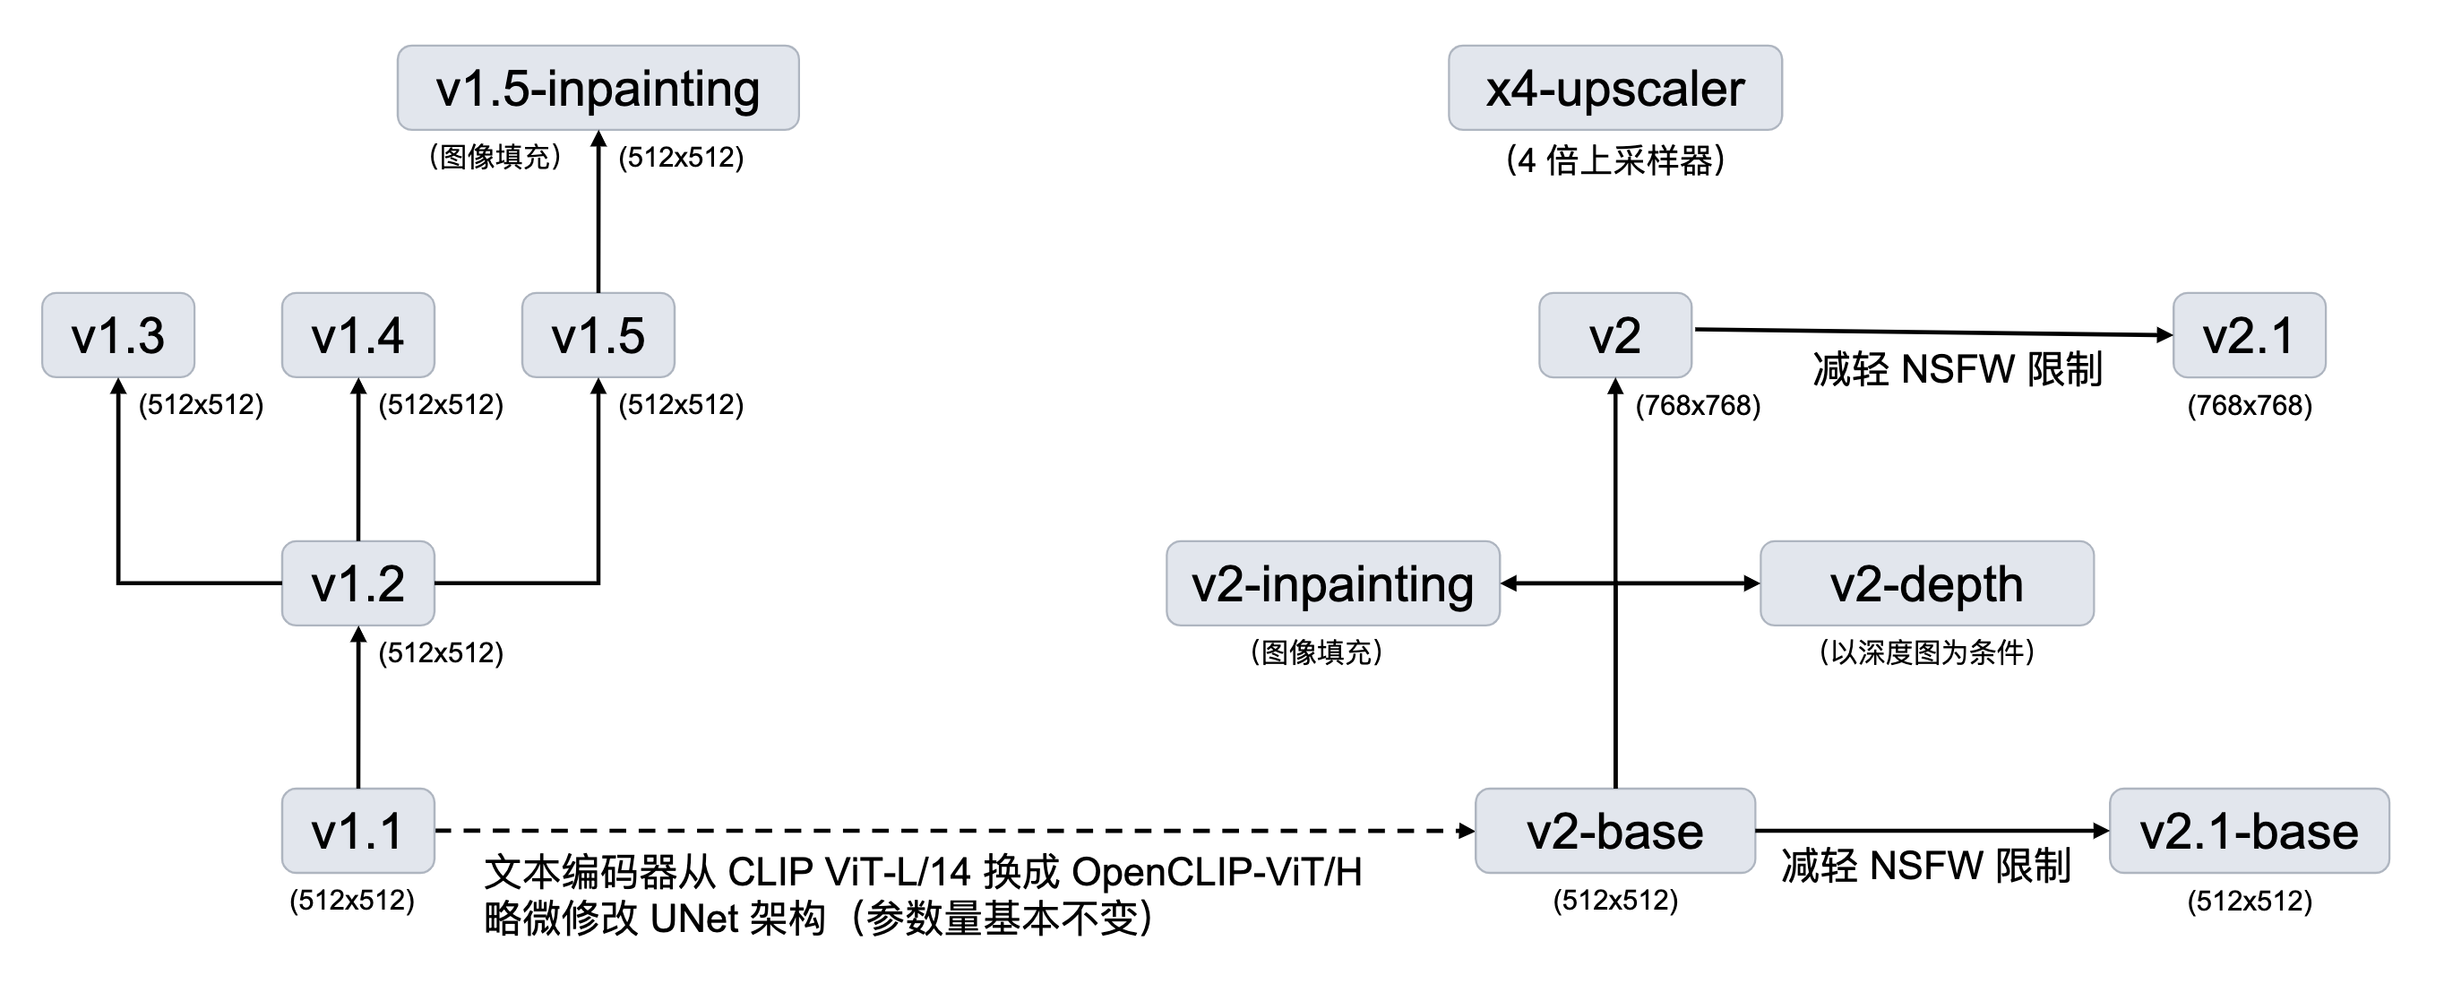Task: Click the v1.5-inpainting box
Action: tap(598, 87)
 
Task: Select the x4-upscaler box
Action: tap(1614, 87)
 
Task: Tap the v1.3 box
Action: tap(117, 335)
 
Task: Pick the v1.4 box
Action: tap(357, 335)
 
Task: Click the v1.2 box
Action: tap(357, 583)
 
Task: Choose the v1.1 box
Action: tap(357, 830)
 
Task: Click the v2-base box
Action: tap(1614, 830)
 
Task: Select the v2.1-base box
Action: tap(2248, 830)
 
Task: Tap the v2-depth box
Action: tap(1926, 583)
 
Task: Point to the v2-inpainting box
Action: tap(1332, 583)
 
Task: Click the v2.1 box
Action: tap(2248, 335)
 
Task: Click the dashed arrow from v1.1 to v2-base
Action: tap(949, 830)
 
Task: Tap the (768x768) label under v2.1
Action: tap(2249, 406)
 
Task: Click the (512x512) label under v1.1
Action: tap(352, 900)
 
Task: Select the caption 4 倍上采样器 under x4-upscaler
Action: tap(1614, 160)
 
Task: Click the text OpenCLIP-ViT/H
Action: tap(1217, 871)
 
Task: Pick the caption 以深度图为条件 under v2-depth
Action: tap(1926, 652)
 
